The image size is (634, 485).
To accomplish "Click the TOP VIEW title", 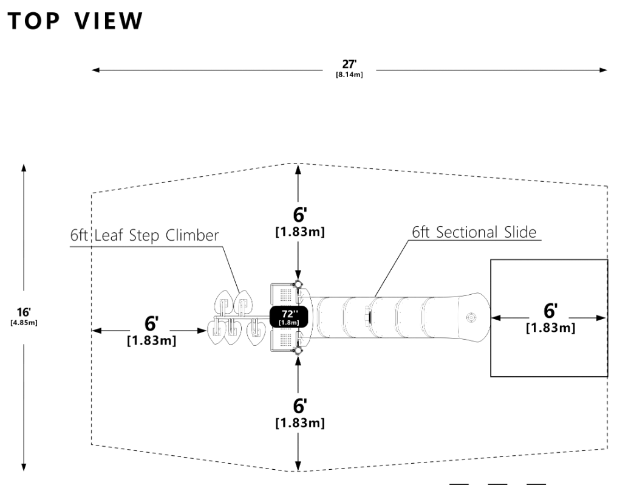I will point(75,21).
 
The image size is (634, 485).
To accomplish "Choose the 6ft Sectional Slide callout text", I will point(475,232).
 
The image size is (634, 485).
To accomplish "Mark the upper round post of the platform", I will point(298,284).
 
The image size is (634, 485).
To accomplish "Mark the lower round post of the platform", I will point(298,351).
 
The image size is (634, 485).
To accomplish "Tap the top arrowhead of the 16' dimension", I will point(24,167).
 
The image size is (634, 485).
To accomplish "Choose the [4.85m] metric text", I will point(24,322).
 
